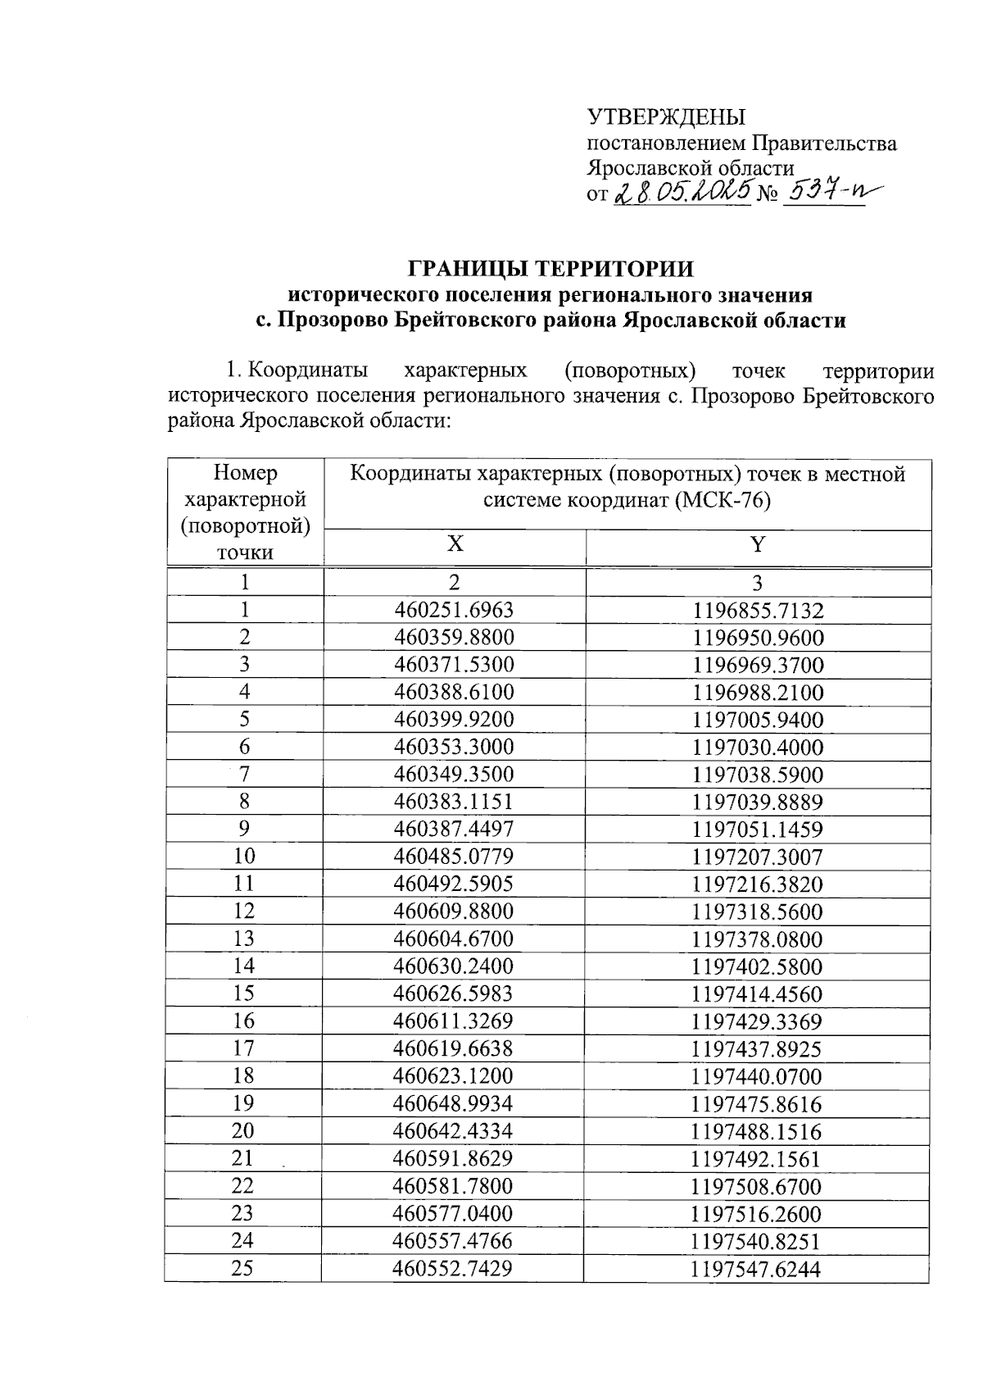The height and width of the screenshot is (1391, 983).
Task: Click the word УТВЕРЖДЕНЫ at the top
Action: [666, 117]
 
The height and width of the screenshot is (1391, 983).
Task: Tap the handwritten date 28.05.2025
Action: [682, 193]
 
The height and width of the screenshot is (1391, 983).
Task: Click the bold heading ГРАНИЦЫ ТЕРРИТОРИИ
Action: [550, 269]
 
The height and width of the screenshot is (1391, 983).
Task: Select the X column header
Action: [455, 544]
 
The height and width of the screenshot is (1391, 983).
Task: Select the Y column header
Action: [758, 544]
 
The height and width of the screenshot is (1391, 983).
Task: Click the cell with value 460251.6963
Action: [454, 610]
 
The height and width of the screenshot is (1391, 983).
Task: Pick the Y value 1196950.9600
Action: [758, 638]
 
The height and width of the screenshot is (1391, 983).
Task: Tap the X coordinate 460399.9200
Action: [454, 720]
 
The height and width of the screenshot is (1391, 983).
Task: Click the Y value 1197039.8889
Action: [758, 802]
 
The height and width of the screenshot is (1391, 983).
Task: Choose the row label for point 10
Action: [243, 857]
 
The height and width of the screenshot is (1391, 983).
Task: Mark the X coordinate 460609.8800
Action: [454, 911]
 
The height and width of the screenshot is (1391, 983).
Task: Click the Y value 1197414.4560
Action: [758, 994]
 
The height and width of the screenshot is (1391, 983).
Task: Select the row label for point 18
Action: [243, 1076]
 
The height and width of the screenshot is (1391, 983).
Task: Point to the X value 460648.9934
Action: [454, 1103]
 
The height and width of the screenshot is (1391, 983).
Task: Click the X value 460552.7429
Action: [453, 1268]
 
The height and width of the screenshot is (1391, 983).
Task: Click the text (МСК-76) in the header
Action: [723, 500]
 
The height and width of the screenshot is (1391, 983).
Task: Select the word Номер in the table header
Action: [245, 473]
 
